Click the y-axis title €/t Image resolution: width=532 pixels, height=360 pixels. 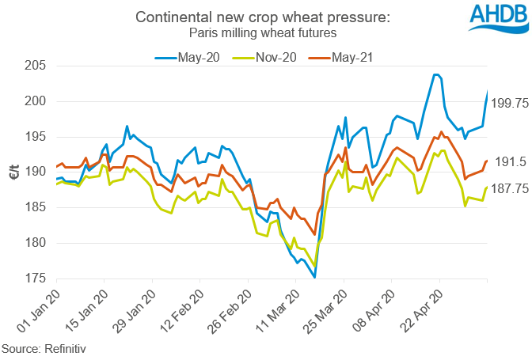pyautogui.click(x=12, y=172)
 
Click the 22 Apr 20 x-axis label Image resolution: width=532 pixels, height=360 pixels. pyautogui.click(x=420, y=310)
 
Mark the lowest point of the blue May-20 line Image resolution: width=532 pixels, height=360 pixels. pyautogui.click(x=315, y=277)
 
